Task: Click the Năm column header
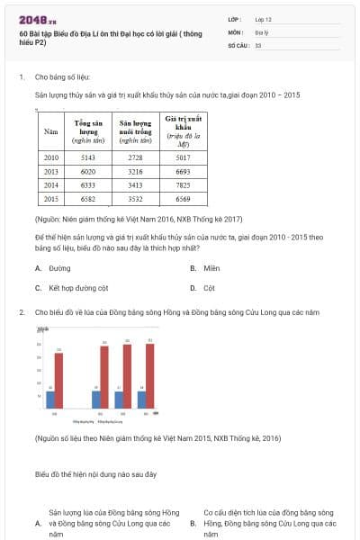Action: (51, 131)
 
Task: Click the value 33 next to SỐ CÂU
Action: (258, 44)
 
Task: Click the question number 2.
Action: (22, 312)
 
